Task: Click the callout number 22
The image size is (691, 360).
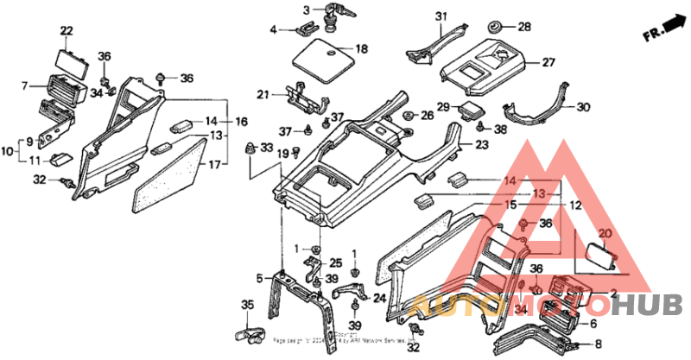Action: coord(67,32)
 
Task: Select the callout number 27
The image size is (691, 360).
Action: coord(548,62)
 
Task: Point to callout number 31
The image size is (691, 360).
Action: coord(441,17)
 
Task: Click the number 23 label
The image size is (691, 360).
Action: coord(481,145)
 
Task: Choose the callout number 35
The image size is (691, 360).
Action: coord(248,304)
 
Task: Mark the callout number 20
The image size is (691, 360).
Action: coord(604,233)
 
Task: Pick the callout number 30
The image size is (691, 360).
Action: coord(583,108)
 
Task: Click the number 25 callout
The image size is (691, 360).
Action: coord(336,262)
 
